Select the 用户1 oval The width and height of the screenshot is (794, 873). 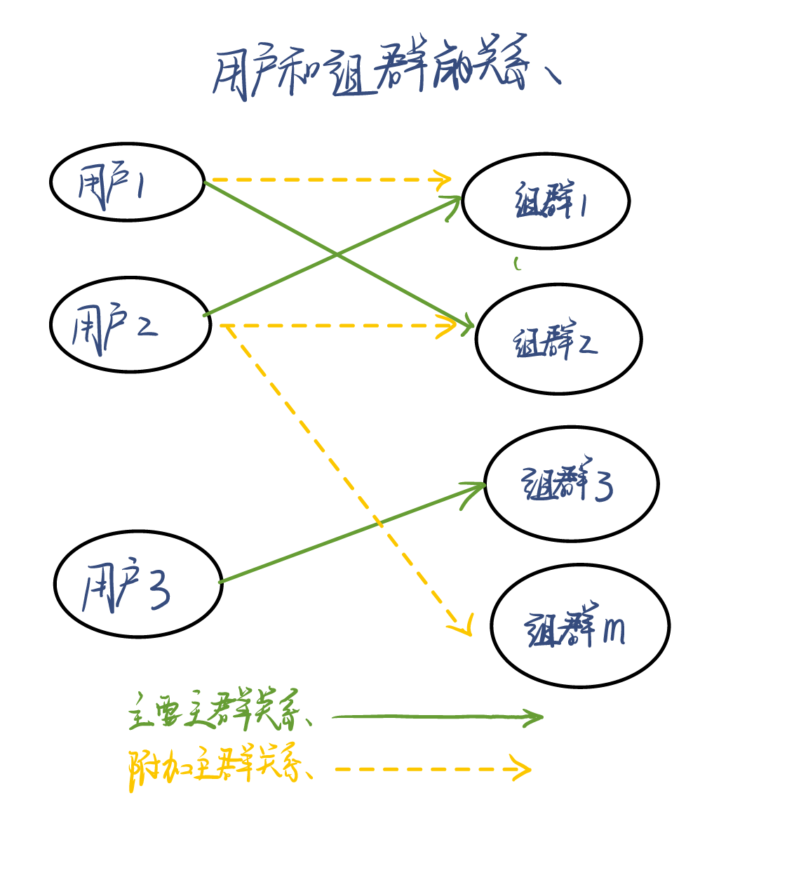coord(127,182)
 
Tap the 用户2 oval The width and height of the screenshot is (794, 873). coord(130,325)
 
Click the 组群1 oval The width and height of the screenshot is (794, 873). coord(546,201)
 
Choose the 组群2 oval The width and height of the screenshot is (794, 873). coord(558,339)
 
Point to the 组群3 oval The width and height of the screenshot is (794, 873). coord(571,484)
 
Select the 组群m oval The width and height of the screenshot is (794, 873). coord(580,626)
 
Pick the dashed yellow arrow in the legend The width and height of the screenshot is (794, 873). coord(431,769)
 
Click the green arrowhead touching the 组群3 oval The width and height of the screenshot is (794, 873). coord(477,486)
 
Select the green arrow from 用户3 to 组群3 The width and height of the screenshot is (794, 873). coord(351,533)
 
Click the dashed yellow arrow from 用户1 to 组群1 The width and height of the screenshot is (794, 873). coord(330,180)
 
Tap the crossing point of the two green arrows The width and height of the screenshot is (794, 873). coord(337,255)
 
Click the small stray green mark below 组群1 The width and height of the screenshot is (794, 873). coord(517,264)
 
